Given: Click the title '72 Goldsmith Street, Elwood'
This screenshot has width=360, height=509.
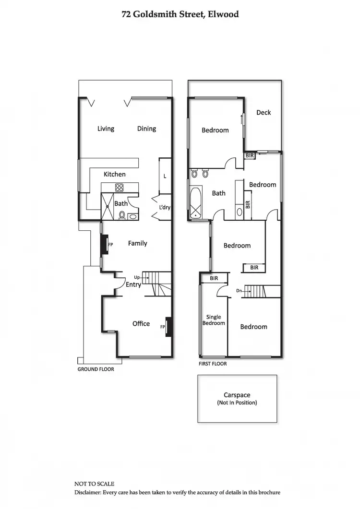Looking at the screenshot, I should [180, 14].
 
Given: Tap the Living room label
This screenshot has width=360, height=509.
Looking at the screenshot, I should [106, 129].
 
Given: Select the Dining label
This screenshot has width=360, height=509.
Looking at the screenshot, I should [146, 129].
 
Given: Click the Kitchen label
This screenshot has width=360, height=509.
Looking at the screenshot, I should [115, 174].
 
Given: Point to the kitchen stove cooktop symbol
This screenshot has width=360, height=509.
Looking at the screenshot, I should [120, 187].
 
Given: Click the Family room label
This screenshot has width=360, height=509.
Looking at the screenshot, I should [137, 243].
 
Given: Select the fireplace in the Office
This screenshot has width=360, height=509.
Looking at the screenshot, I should [168, 327].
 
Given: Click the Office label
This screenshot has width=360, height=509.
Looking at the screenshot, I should [141, 324].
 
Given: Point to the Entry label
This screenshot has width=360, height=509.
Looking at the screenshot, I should [133, 285].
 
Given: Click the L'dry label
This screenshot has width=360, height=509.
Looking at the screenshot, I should [165, 208].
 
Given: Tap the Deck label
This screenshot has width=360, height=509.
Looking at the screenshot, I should [264, 112].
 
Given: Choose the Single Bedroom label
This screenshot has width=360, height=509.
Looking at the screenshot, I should [214, 320].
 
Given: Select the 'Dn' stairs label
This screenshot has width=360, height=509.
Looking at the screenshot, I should [239, 290].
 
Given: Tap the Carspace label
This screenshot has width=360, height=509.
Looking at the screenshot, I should [237, 395].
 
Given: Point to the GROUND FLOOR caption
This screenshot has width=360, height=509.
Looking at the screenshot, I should [96, 369].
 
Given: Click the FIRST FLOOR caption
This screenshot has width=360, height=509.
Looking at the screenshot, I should [213, 364].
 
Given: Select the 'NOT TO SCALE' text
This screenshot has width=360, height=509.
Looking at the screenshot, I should [94, 484].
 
